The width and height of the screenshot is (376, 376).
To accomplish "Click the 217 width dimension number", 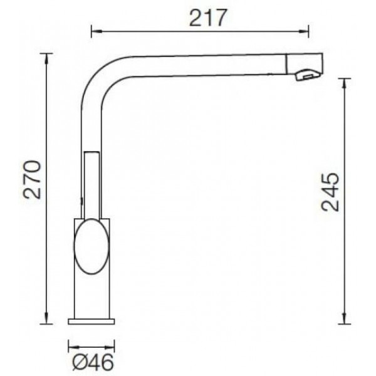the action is [x=207, y=18].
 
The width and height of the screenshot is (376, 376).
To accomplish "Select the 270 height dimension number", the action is [x=32, y=180].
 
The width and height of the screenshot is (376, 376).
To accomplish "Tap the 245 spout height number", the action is [x=331, y=192].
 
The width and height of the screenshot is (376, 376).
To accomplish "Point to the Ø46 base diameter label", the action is [x=93, y=362].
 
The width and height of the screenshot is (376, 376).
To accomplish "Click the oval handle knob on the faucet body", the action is [x=91, y=246].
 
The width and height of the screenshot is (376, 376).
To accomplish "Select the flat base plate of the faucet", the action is [x=91, y=321].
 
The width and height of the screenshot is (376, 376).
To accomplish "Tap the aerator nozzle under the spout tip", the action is [x=308, y=75].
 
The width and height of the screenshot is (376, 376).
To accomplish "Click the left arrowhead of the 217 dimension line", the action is [x=97, y=31].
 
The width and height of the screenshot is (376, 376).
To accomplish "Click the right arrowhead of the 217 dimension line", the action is [x=303, y=31].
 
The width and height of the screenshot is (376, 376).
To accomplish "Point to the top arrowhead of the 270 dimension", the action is [x=46, y=59].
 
